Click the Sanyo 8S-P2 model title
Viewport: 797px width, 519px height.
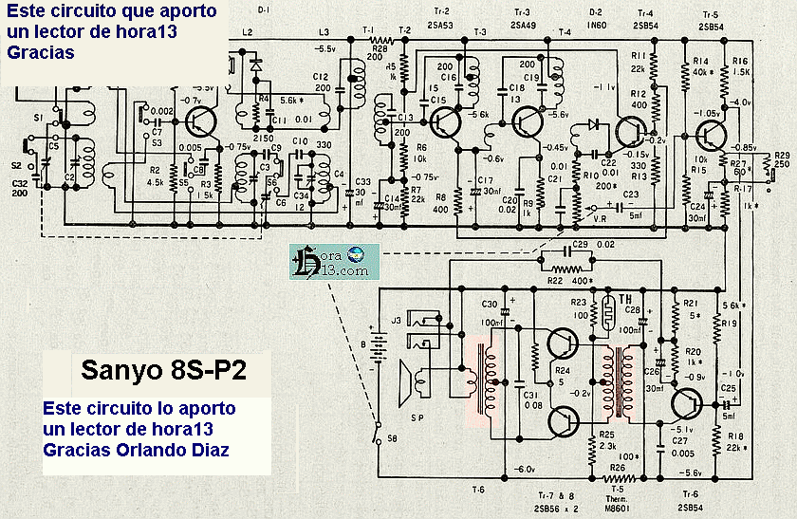163,369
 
